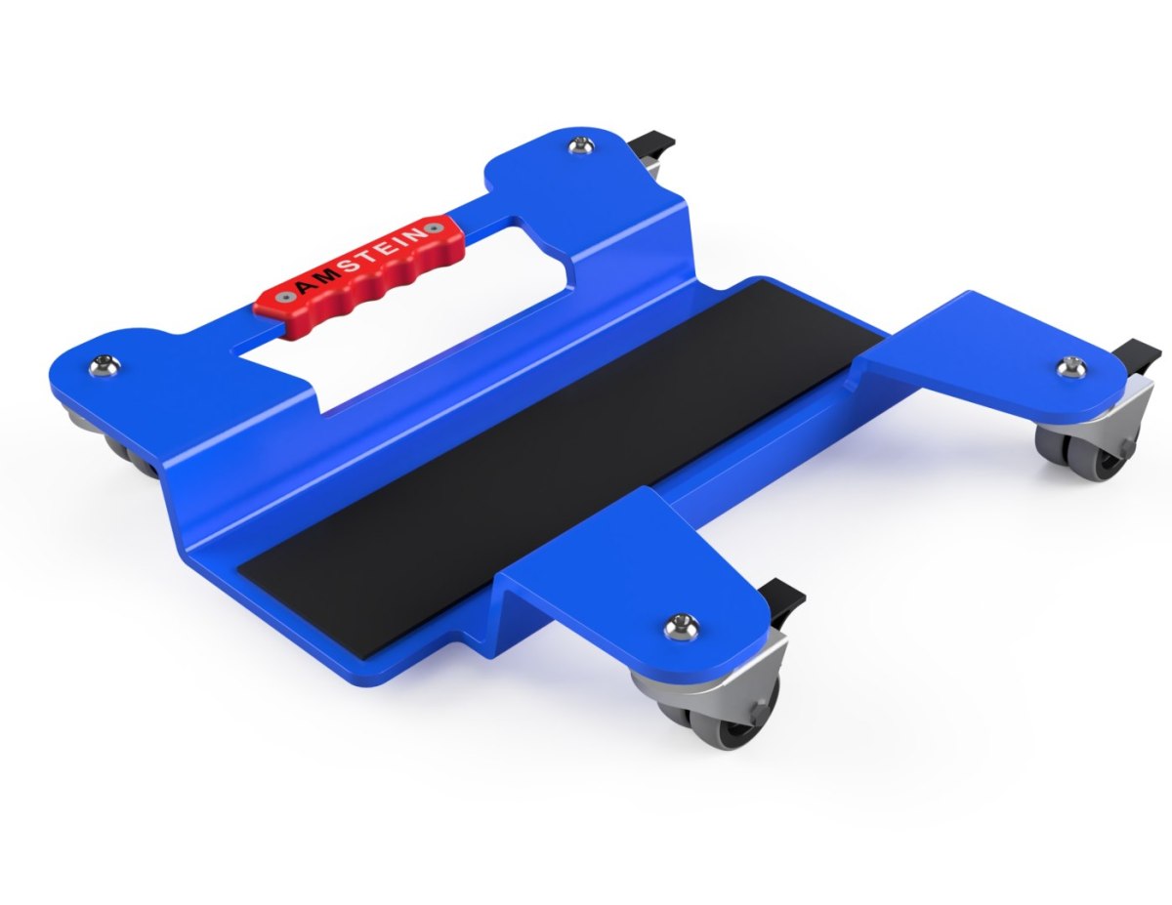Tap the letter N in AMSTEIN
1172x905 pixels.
tap(416, 235)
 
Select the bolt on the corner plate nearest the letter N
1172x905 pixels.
tap(582, 145)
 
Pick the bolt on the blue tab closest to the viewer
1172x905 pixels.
tap(683, 627)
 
